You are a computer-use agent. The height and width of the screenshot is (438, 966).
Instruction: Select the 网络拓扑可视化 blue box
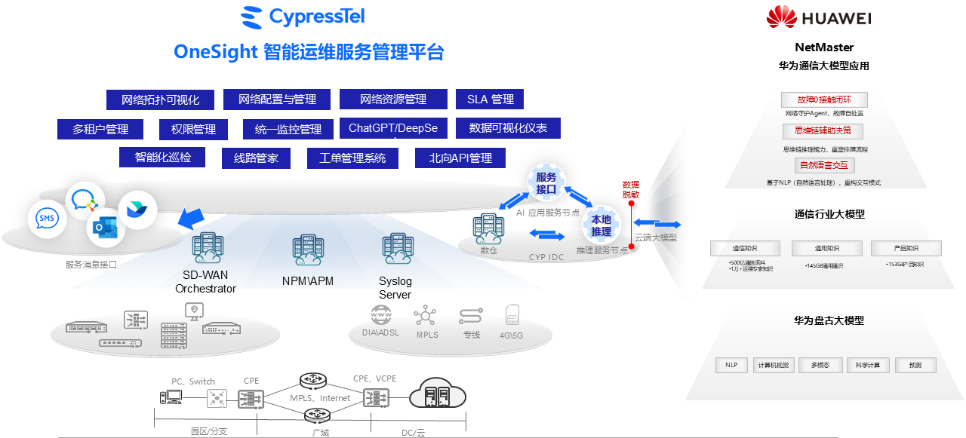tap(161, 100)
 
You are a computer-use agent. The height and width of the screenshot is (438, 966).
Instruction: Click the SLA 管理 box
tap(490, 99)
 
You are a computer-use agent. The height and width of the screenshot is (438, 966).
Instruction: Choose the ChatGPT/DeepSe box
tap(392, 128)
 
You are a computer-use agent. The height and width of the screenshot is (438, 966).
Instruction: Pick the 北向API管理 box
tap(460, 158)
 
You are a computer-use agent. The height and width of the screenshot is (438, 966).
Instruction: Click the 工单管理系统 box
tap(352, 158)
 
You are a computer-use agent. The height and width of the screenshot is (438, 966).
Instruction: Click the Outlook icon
tap(104, 227)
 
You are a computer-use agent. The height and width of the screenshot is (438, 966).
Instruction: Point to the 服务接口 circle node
tap(546, 182)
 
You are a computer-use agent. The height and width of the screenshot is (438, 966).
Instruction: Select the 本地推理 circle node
tap(601, 225)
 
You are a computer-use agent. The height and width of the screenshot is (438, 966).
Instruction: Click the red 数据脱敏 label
tap(630, 189)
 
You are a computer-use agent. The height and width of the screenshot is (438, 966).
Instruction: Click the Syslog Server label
tap(395, 288)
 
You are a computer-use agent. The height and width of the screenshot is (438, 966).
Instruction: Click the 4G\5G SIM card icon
tap(512, 315)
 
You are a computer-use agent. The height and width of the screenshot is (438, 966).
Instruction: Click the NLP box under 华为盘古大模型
tap(731, 365)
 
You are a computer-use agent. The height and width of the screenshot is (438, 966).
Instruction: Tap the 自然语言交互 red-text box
tap(824, 165)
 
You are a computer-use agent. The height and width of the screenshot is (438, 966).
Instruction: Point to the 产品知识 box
tap(906, 248)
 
